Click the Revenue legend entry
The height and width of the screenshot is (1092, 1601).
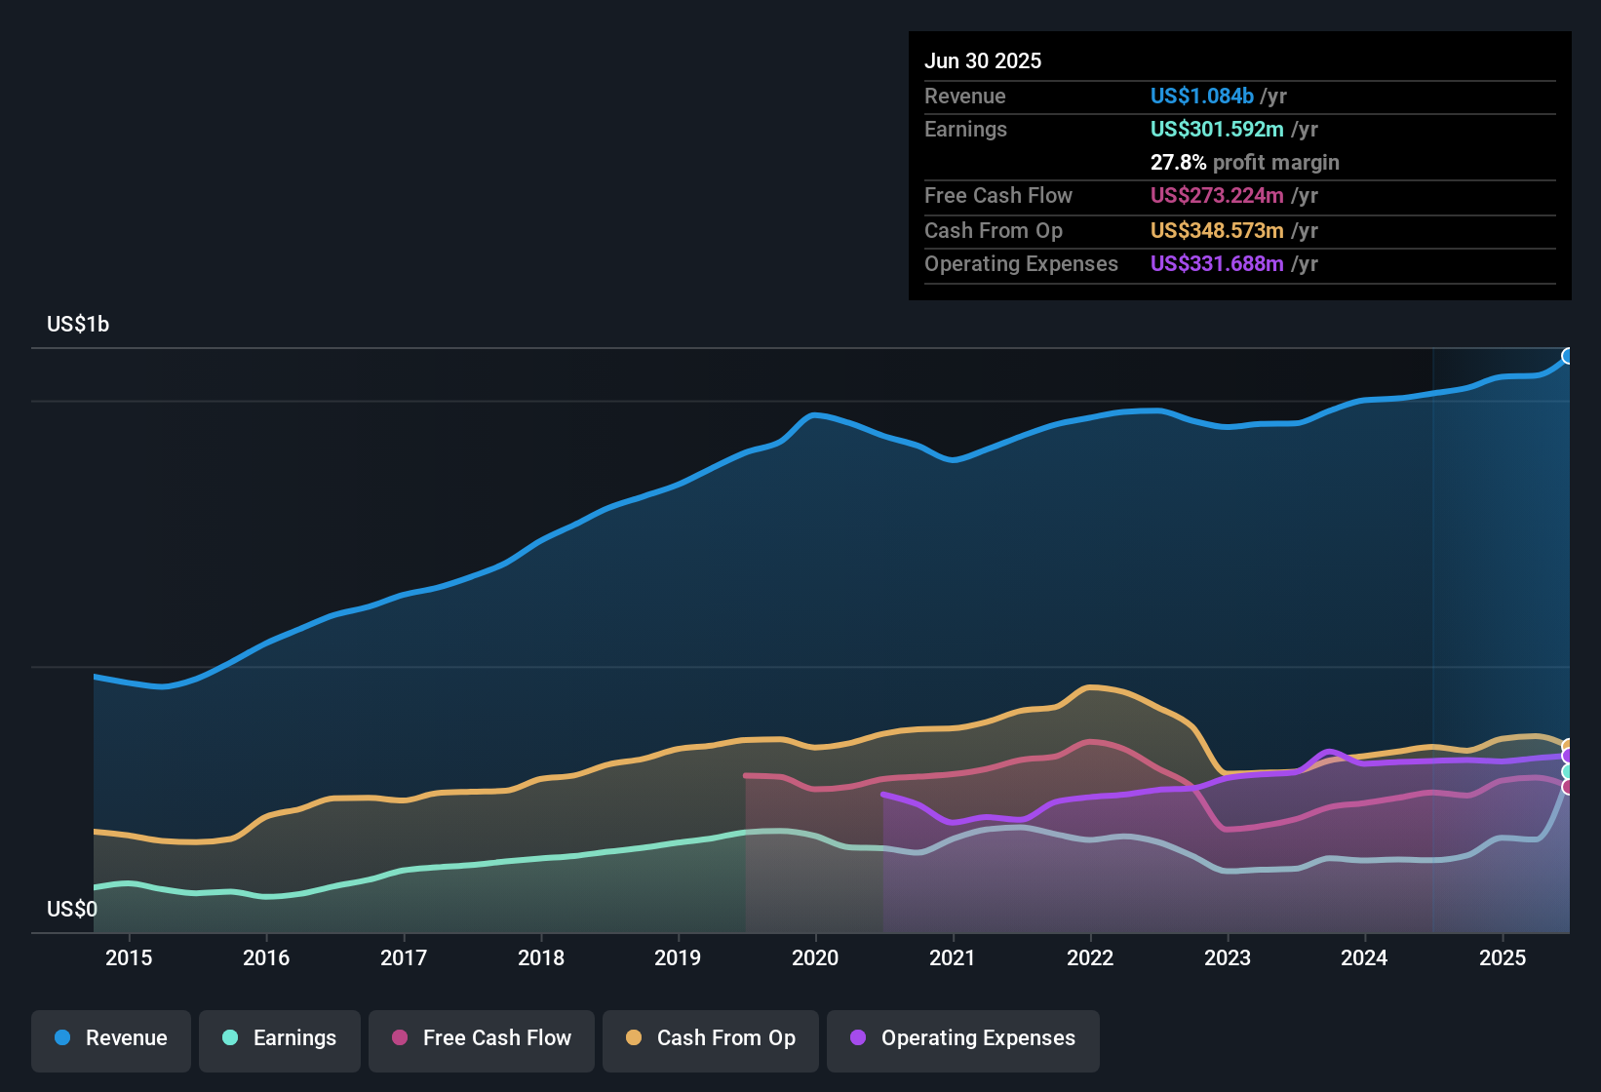click(111, 1038)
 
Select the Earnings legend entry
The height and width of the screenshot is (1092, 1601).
click(280, 1038)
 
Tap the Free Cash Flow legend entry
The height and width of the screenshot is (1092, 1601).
click(482, 1038)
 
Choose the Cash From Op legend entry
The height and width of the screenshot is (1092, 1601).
click(711, 1038)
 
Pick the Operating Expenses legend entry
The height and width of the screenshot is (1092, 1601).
click(963, 1038)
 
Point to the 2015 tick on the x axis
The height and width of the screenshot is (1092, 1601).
click(129, 957)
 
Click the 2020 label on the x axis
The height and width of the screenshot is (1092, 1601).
click(815, 957)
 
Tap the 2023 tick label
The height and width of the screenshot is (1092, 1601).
click(1228, 957)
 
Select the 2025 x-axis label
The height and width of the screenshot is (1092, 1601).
click(1503, 957)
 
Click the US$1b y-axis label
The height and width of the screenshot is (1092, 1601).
click(78, 324)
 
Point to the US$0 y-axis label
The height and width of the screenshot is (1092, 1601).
click(72, 909)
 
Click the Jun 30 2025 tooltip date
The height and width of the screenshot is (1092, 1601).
click(983, 60)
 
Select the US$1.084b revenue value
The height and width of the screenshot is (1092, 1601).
click(1201, 96)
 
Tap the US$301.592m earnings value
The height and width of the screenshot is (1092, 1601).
click(1216, 129)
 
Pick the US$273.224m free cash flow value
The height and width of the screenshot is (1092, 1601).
click(1216, 195)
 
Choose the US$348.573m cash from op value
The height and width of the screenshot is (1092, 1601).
click(1216, 230)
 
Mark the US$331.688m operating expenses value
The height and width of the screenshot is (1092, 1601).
click(1216, 263)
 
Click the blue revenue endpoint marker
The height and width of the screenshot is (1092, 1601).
click(1568, 356)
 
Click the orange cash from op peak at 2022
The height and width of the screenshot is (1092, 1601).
click(1091, 686)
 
